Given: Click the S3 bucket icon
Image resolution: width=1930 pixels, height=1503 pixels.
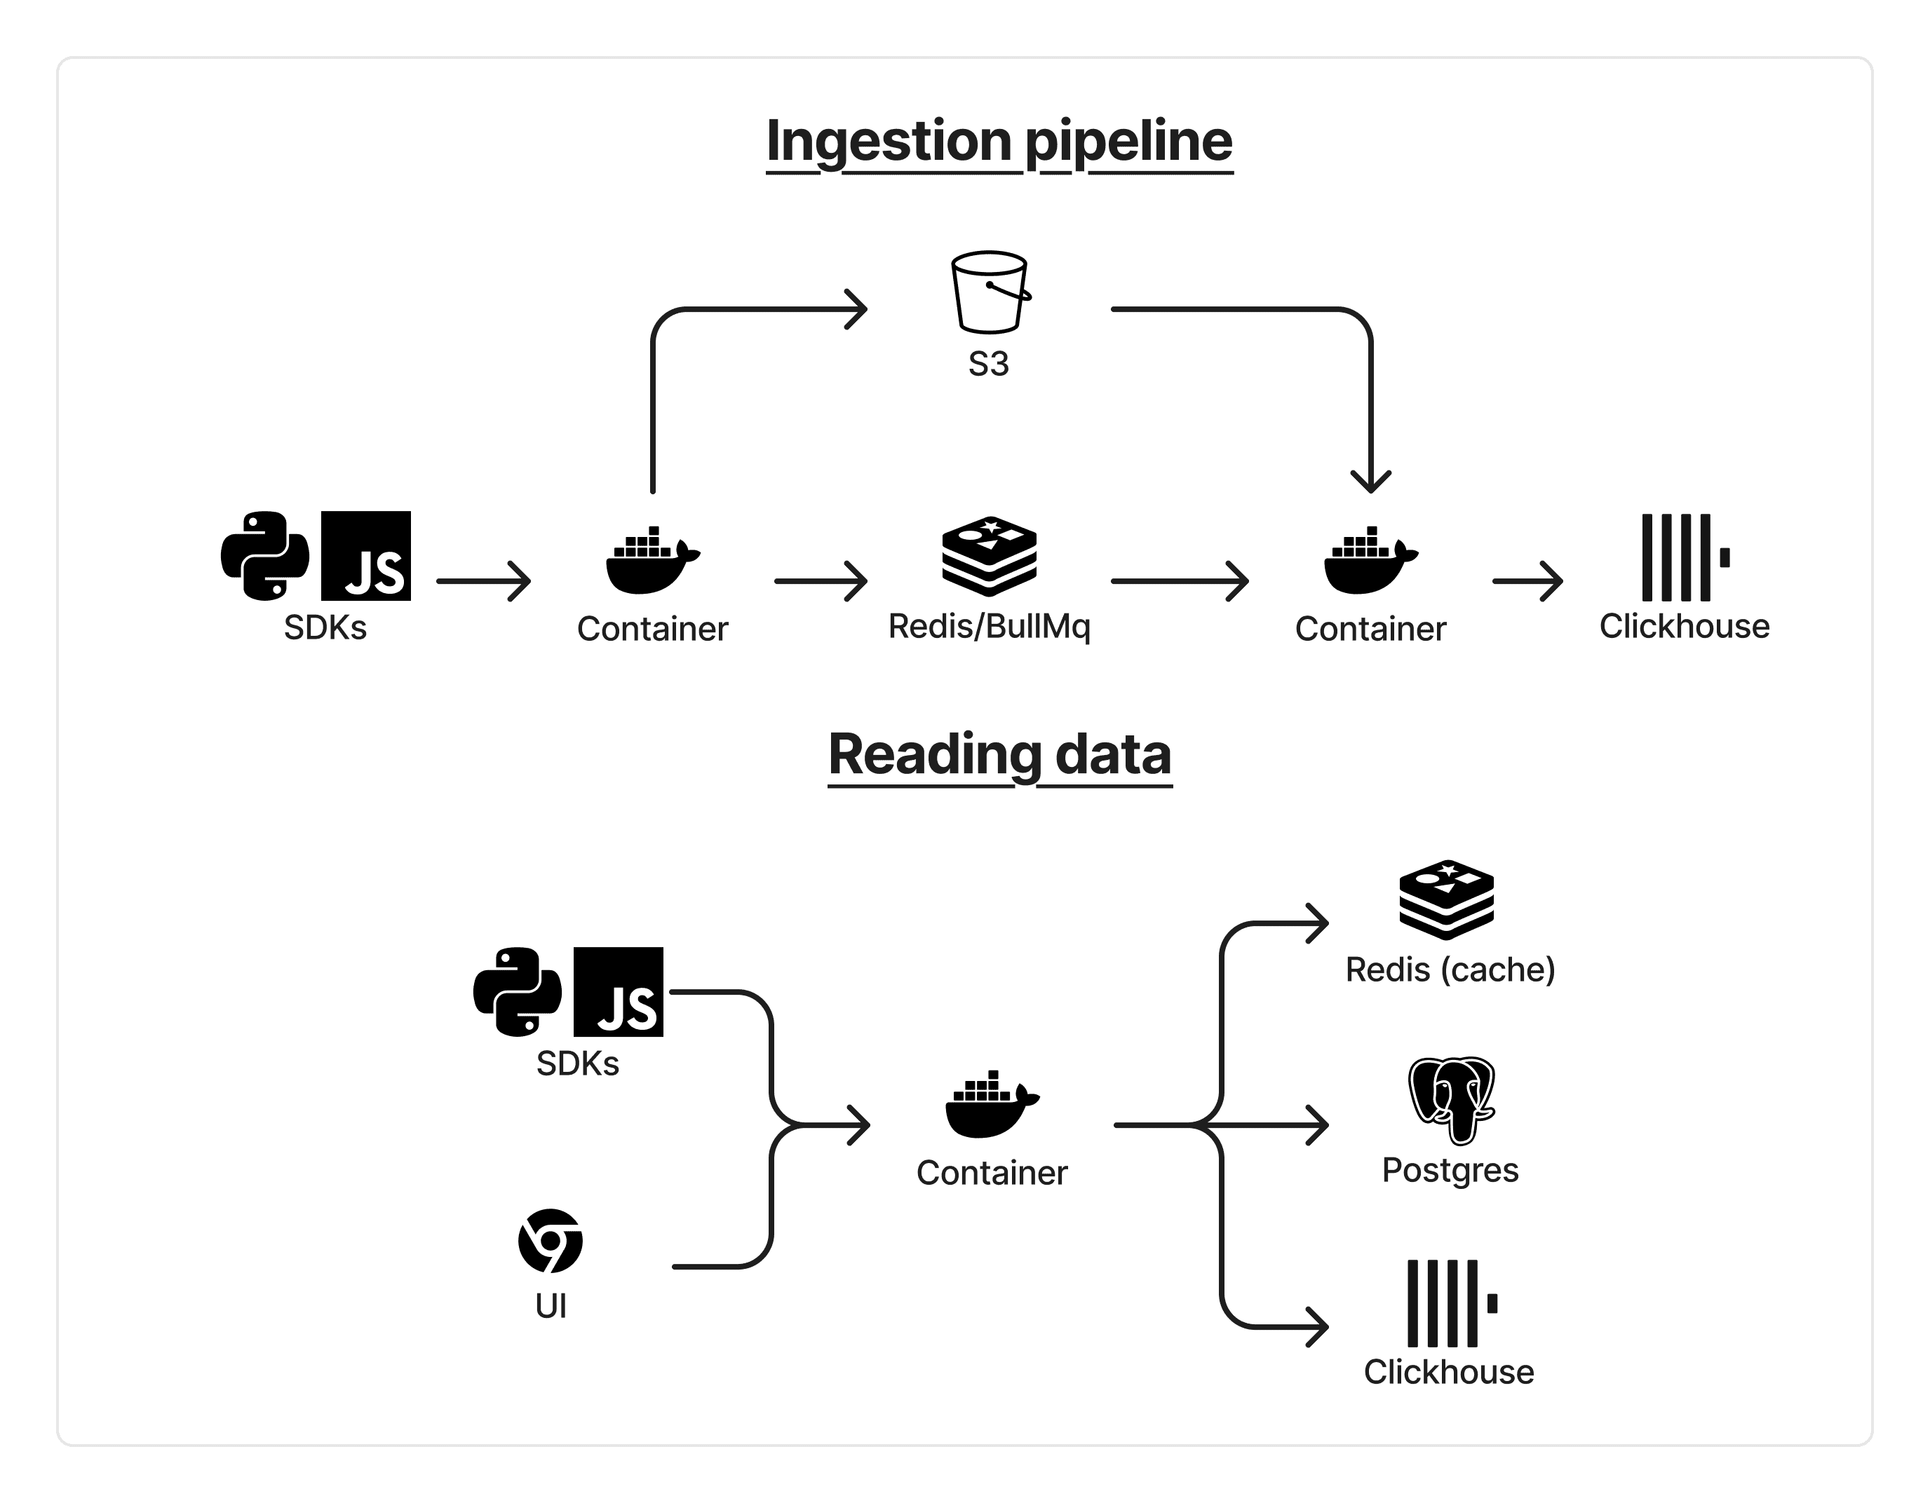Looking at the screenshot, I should pyautogui.click(x=990, y=292).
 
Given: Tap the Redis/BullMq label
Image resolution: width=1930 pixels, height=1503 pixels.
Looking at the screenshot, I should pyautogui.click(x=989, y=627).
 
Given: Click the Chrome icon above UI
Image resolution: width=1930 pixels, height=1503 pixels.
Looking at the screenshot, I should pyautogui.click(x=550, y=1241).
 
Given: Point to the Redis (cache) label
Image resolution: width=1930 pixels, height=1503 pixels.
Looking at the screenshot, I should pyautogui.click(x=1450, y=970).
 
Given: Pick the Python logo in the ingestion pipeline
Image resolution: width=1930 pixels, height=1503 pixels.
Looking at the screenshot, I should pyautogui.click(x=265, y=556).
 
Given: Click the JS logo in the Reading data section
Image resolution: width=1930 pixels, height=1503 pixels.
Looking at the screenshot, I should pyautogui.click(x=619, y=991).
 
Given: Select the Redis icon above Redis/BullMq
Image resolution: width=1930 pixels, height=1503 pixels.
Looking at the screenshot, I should pyautogui.click(x=989, y=556).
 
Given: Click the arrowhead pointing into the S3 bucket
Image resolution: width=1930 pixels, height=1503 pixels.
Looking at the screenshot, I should pyautogui.click(x=856, y=309).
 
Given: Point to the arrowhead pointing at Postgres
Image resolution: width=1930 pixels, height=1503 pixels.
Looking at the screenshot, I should pyautogui.click(x=1318, y=1126).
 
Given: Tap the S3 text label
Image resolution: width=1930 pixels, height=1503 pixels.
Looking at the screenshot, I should pyautogui.click(x=988, y=364).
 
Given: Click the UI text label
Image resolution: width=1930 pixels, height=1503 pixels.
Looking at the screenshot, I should pyautogui.click(x=551, y=1306).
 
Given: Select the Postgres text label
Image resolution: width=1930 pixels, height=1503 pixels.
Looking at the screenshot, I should pyautogui.click(x=1450, y=1170).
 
